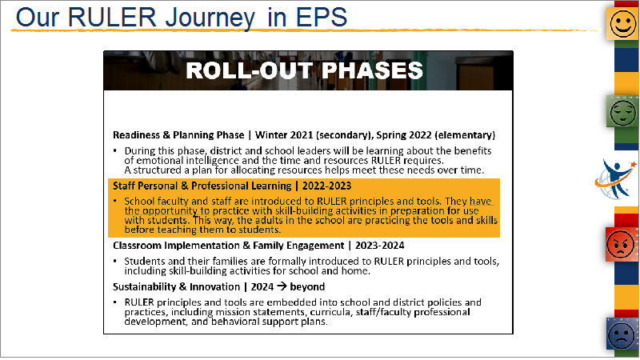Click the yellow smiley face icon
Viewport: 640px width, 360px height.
[623, 24]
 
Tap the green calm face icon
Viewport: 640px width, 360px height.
[623, 111]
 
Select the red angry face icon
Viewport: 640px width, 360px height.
[622, 245]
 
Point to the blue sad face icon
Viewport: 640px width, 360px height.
[622, 334]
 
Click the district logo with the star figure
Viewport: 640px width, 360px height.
[616, 179]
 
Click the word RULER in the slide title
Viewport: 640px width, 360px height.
[112, 18]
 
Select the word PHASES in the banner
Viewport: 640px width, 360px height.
[372, 70]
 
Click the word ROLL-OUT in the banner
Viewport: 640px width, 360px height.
[249, 70]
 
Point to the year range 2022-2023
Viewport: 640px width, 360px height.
[326, 186]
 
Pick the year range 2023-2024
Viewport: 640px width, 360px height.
[379, 246]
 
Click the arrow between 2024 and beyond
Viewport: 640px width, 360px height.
[282, 286]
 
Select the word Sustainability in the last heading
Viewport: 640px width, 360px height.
[145, 287]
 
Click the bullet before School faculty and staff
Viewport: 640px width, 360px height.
[115, 201]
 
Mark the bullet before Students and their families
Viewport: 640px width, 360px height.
[115, 261]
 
